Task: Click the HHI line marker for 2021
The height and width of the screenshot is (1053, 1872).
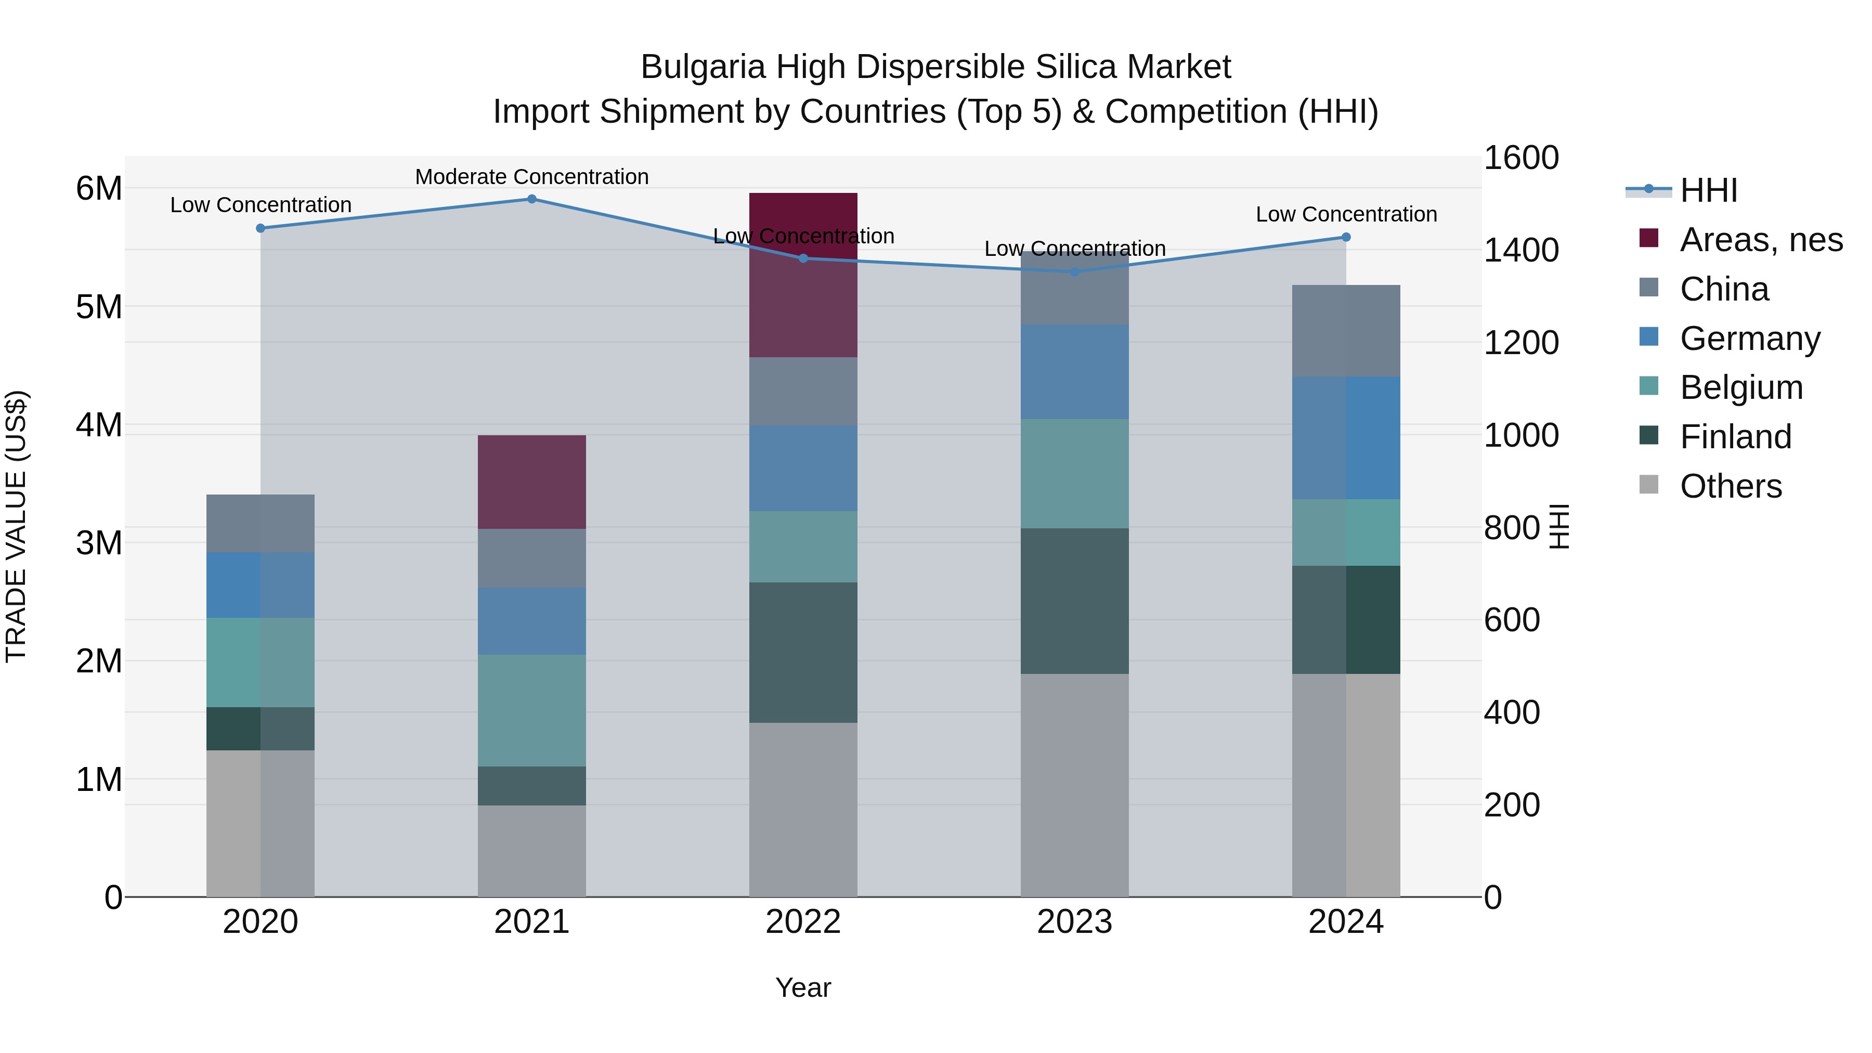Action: [x=531, y=199]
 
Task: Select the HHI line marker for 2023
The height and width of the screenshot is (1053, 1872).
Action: [x=1075, y=272]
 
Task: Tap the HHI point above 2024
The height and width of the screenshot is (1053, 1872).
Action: [x=1346, y=237]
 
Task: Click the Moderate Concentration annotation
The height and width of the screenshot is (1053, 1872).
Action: [x=531, y=177]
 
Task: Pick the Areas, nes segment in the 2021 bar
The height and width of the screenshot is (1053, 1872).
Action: [x=531, y=482]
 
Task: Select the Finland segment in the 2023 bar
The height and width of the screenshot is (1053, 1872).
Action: [x=1075, y=601]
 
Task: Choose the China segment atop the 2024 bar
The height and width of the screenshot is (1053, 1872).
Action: [x=1346, y=331]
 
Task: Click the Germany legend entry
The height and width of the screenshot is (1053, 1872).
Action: [x=1750, y=339]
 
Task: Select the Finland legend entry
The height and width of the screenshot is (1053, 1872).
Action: [x=1735, y=437]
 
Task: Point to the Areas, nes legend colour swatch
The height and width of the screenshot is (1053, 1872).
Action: [x=1649, y=238]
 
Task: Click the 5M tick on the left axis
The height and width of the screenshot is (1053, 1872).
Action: [x=99, y=307]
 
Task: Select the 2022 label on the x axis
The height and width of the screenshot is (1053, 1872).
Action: [x=803, y=922]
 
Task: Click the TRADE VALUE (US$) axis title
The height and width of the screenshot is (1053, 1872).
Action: [x=16, y=526]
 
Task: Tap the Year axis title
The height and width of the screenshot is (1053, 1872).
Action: [x=803, y=987]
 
